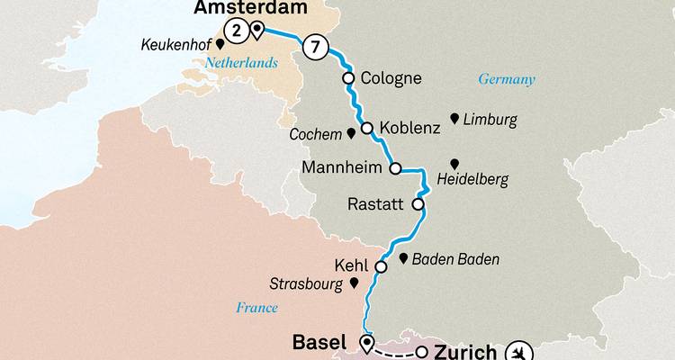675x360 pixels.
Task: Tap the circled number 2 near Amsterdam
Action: [236, 31]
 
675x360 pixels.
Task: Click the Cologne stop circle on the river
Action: [347, 78]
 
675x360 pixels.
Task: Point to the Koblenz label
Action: [409, 128]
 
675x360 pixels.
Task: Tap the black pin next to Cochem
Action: [351, 134]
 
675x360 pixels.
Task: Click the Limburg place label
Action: [490, 120]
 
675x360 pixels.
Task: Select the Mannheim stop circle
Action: [394, 167]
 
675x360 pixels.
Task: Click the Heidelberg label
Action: [472, 180]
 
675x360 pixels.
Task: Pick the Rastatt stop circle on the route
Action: [418, 204]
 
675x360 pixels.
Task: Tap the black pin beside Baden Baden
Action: [403, 257]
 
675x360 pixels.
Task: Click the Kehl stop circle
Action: [381, 266]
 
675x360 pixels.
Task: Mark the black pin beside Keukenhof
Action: [220, 42]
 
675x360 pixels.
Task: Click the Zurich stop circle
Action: [421, 352]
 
